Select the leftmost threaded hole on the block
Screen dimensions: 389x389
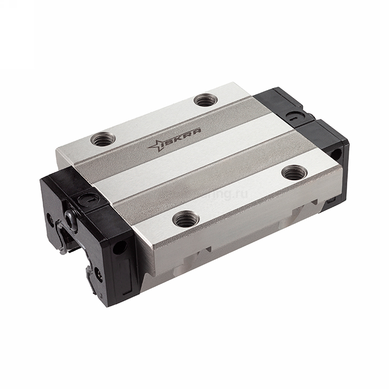[103, 139]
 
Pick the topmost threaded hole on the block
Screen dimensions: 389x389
[206, 100]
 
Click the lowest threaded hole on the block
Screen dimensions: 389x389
[186, 218]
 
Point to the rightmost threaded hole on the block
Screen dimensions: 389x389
[294, 172]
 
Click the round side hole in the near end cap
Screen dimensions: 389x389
[119, 247]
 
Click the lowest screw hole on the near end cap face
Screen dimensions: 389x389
[98, 274]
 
